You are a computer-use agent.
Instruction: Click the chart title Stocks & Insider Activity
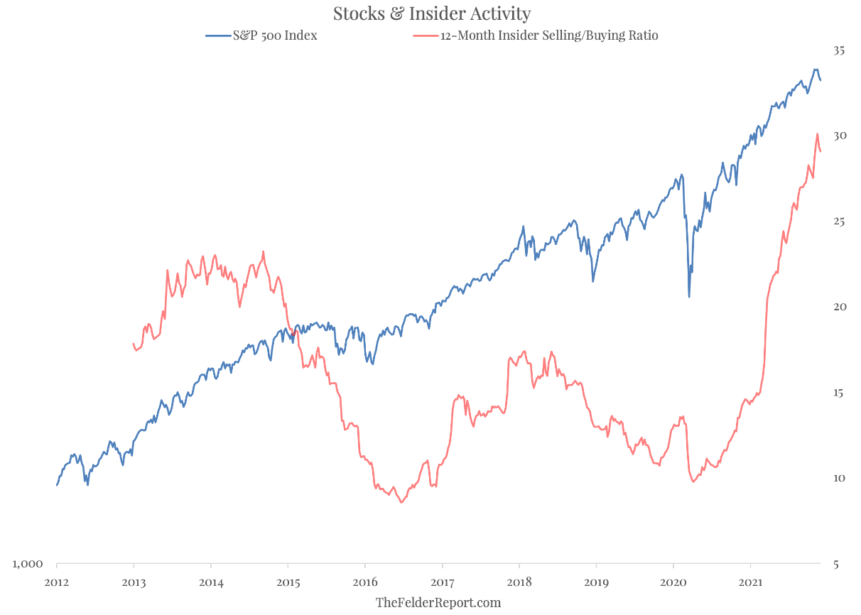431,13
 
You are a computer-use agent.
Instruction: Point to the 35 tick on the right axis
840,51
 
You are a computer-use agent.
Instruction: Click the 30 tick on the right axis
840,136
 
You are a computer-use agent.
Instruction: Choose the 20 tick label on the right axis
840,307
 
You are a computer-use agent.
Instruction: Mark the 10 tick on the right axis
840,478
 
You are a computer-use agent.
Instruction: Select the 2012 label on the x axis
57,583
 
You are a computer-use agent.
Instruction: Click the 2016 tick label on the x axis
365,583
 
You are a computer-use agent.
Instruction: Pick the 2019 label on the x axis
596,583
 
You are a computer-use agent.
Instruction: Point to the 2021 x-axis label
751,583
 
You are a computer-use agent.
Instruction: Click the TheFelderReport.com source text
438,603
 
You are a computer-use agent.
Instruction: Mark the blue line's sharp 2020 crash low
689,296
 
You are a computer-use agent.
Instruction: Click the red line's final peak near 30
817,134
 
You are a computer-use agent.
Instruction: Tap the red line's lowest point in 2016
401,503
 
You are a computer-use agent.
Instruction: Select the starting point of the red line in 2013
134,344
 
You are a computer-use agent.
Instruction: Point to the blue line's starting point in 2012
57,485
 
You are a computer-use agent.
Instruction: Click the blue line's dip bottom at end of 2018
593,281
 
